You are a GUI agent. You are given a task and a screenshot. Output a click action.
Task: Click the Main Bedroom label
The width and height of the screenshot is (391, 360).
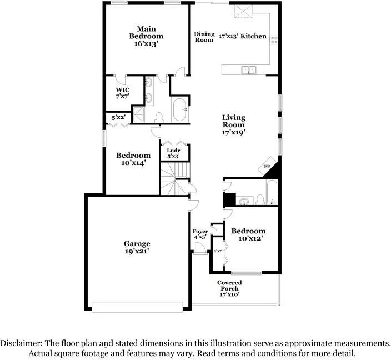click(x=146, y=32)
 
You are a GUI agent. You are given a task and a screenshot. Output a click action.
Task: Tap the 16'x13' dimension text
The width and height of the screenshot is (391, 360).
click(x=146, y=44)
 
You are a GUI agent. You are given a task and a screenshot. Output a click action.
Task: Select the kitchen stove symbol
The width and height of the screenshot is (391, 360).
click(x=274, y=40)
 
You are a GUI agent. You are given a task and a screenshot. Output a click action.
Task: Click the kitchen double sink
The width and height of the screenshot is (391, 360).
click(x=249, y=70)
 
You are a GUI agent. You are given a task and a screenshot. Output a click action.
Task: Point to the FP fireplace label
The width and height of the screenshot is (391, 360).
click(x=267, y=167)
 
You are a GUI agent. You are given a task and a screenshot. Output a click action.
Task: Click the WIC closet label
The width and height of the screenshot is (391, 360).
click(x=122, y=90)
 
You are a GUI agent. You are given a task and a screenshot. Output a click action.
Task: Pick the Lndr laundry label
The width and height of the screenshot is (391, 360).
click(x=173, y=151)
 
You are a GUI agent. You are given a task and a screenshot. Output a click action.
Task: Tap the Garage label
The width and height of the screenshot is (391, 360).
click(x=137, y=243)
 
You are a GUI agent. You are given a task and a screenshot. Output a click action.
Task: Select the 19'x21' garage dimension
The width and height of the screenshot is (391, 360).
click(x=137, y=251)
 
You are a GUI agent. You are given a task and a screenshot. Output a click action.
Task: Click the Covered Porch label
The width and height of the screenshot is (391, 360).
click(x=229, y=286)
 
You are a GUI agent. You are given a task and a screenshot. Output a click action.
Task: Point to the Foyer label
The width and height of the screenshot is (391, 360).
click(x=200, y=231)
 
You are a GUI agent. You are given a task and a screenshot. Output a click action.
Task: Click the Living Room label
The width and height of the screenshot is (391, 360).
click(x=234, y=121)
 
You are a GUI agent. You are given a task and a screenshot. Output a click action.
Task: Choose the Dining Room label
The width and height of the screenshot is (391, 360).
click(x=204, y=37)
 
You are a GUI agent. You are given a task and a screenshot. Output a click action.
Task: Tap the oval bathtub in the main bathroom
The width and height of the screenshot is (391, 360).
click(x=179, y=110)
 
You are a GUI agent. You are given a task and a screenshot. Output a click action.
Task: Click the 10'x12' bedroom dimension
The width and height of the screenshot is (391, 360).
click(x=250, y=238)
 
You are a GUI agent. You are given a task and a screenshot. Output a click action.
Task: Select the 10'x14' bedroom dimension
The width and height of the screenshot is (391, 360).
click(x=133, y=163)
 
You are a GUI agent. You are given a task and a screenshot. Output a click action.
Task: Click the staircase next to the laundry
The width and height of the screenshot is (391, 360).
click(x=174, y=178)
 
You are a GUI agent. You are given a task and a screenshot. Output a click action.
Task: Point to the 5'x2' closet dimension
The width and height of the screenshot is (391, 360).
click(x=118, y=117)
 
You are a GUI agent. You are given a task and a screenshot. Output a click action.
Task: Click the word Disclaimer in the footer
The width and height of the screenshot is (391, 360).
click(x=21, y=343)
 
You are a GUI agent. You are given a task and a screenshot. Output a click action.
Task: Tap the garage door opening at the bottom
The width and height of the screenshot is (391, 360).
click(x=137, y=307)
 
